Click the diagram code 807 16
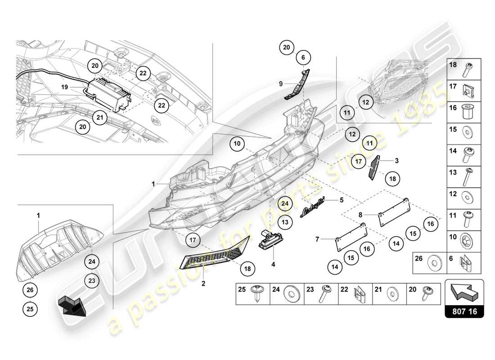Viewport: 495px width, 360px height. pyautogui.click(x=464, y=310)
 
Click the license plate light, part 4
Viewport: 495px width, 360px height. pyautogui.click(x=269, y=239)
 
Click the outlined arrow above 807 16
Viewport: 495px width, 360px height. pyautogui.click(x=464, y=291)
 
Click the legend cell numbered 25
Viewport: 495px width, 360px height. pyautogui.click(x=252, y=294)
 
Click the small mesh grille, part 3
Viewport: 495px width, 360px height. pyautogui.click(x=374, y=168)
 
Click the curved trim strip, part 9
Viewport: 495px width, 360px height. pyautogui.click(x=298, y=83)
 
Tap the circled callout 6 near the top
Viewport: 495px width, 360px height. pyautogui.click(x=303, y=57)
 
